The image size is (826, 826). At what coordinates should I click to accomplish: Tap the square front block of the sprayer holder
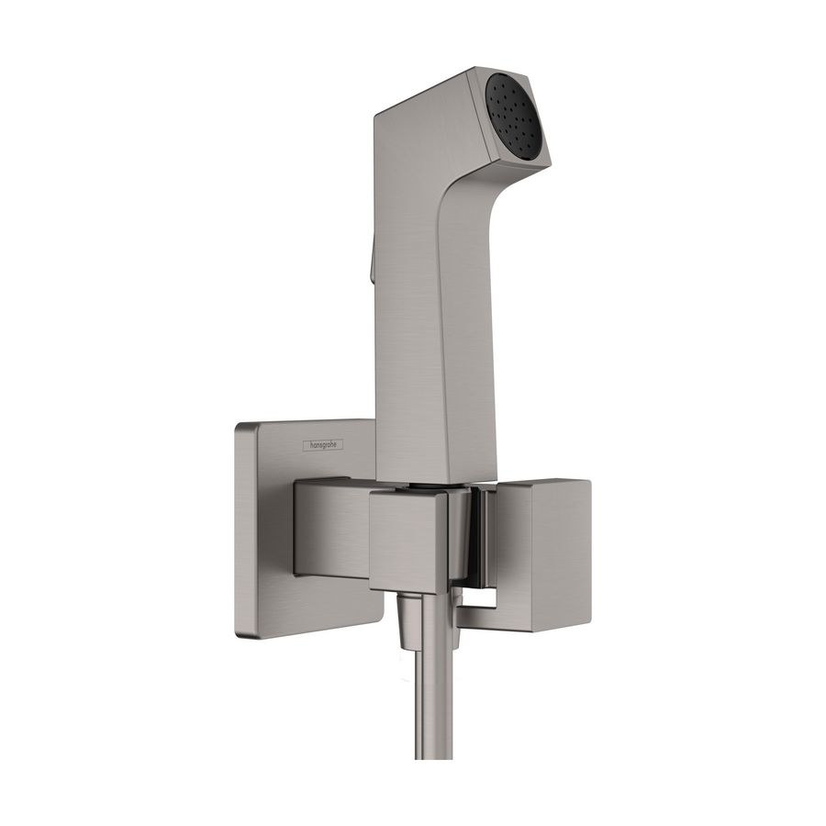pyautogui.click(x=408, y=541)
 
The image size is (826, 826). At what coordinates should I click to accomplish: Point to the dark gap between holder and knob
pyautogui.click(x=474, y=541)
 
